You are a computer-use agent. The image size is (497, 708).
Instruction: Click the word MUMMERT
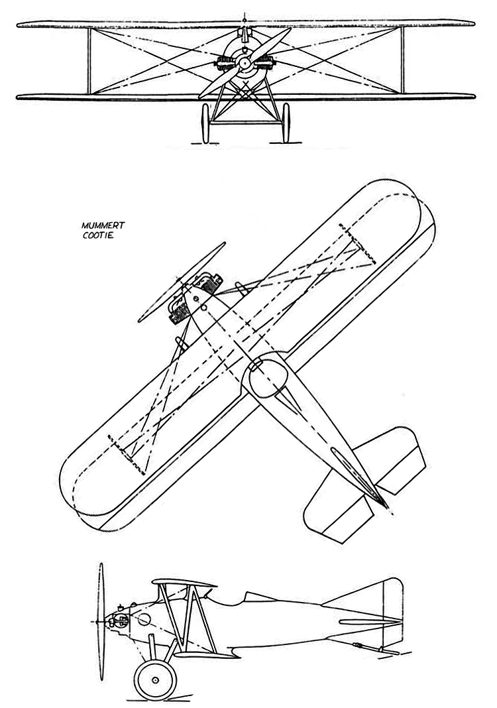(x=99, y=226)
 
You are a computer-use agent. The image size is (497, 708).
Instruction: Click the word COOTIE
(x=96, y=235)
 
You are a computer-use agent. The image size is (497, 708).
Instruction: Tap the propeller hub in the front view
(x=245, y=63)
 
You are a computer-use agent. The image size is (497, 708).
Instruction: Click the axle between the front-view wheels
(x=246, y=122)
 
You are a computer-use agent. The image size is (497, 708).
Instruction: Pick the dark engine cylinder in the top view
(x=178, y=311)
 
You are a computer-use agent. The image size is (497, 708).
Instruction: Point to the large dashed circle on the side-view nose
(x=143, y=620)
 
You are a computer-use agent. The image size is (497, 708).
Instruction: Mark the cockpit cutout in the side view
(x=231, y=600)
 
